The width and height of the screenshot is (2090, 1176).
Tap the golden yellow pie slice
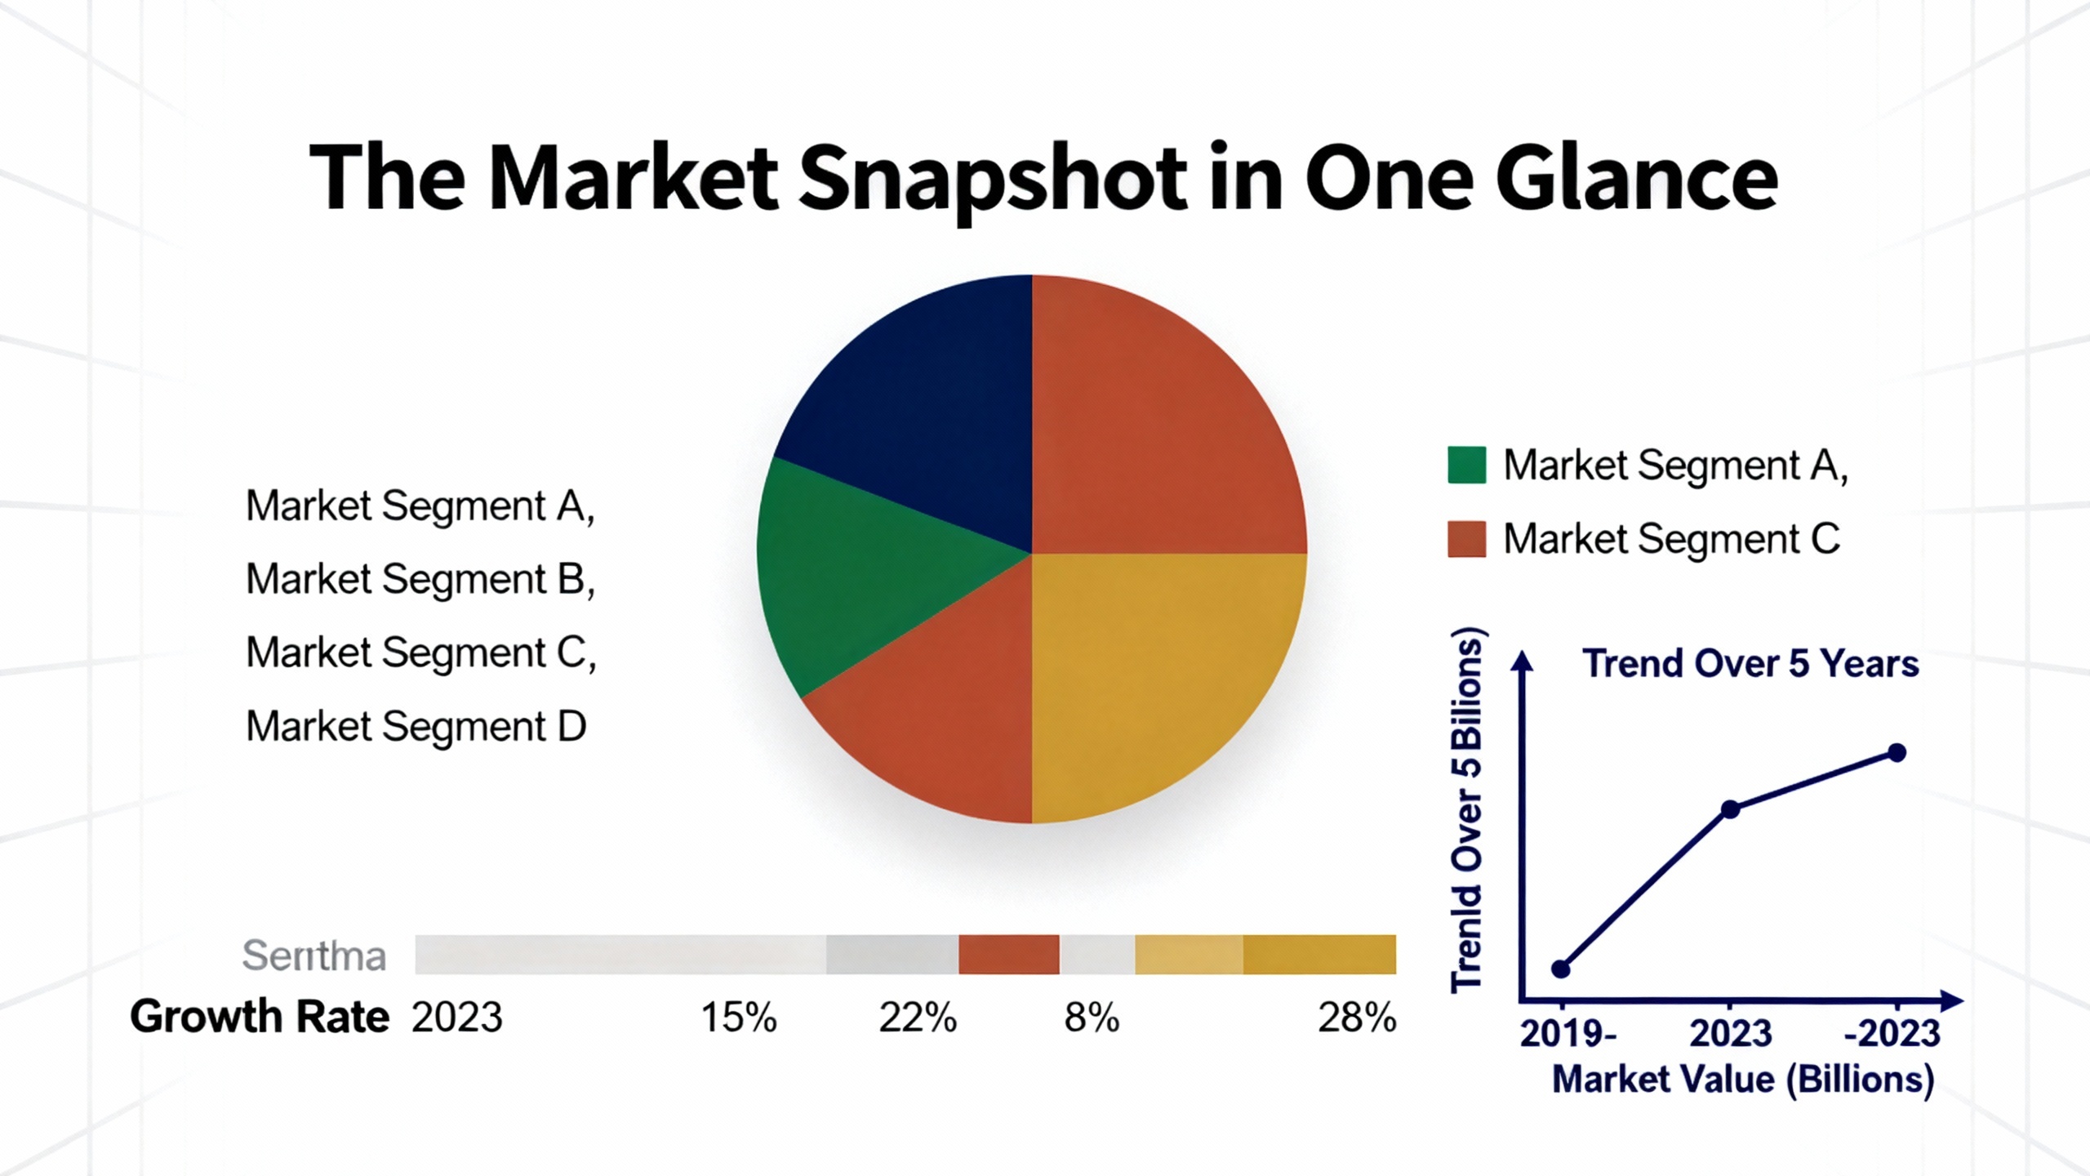1159,678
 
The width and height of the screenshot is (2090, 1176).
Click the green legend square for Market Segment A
1466,465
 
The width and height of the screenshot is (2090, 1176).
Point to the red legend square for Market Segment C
1466,539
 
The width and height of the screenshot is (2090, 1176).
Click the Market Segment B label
420,579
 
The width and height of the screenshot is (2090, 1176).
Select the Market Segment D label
416,726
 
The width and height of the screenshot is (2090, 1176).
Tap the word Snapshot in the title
992,180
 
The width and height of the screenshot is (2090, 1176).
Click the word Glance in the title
1637,180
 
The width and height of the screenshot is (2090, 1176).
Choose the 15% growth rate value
739,1018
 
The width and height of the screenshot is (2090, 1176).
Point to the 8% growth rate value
1092,1018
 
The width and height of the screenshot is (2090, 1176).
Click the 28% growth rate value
1357,1018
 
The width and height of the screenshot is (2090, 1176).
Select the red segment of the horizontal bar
1008,955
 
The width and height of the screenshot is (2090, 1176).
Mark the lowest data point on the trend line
1560,969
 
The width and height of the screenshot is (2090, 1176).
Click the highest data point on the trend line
1897,752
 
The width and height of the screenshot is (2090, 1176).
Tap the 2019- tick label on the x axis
1567,1034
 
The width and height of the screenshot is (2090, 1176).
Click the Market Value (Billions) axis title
1743,1080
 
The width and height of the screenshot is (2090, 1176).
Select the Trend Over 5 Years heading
1750,663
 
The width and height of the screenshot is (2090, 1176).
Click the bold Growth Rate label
260,1018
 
